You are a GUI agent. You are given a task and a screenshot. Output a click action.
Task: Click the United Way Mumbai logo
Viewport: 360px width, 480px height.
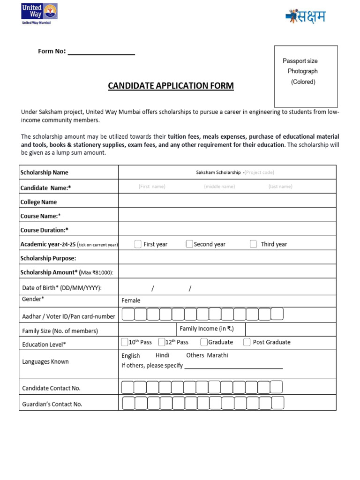(39, 14)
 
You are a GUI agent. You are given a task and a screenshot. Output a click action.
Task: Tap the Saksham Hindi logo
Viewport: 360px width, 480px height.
(305, 17)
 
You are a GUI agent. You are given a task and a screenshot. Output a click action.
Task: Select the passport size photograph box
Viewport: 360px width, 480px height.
(306, 76)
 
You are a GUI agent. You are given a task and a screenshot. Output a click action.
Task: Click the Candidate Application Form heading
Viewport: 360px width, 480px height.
(171, 86)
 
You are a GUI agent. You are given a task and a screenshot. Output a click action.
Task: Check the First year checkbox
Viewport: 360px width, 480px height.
(138, 244)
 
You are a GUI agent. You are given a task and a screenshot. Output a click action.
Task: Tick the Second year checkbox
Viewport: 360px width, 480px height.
(189, 244)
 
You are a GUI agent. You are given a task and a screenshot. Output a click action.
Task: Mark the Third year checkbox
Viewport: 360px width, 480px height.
(253, 244)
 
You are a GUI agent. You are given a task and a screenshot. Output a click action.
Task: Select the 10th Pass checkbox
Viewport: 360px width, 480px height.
(125, 342)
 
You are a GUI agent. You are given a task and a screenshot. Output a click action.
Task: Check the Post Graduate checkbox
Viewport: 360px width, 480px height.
(247, 342)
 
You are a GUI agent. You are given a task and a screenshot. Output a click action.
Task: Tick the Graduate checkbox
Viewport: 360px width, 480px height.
(204, 342)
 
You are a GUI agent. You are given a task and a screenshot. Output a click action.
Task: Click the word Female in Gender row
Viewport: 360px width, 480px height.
(131, 300)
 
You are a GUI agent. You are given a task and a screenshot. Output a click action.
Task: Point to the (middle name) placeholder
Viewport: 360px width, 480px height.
(219, 187)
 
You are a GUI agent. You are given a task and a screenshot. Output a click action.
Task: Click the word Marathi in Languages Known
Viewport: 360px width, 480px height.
(217, 355)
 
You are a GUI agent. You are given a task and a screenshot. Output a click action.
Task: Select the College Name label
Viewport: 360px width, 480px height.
(38, 202)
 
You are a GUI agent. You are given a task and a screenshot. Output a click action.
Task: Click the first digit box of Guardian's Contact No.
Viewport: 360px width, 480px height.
(128, 403)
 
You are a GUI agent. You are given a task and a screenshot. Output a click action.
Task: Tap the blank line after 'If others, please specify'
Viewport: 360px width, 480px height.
(233, 367)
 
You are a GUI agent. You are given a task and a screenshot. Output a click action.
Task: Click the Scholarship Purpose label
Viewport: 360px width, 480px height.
(48, 258)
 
